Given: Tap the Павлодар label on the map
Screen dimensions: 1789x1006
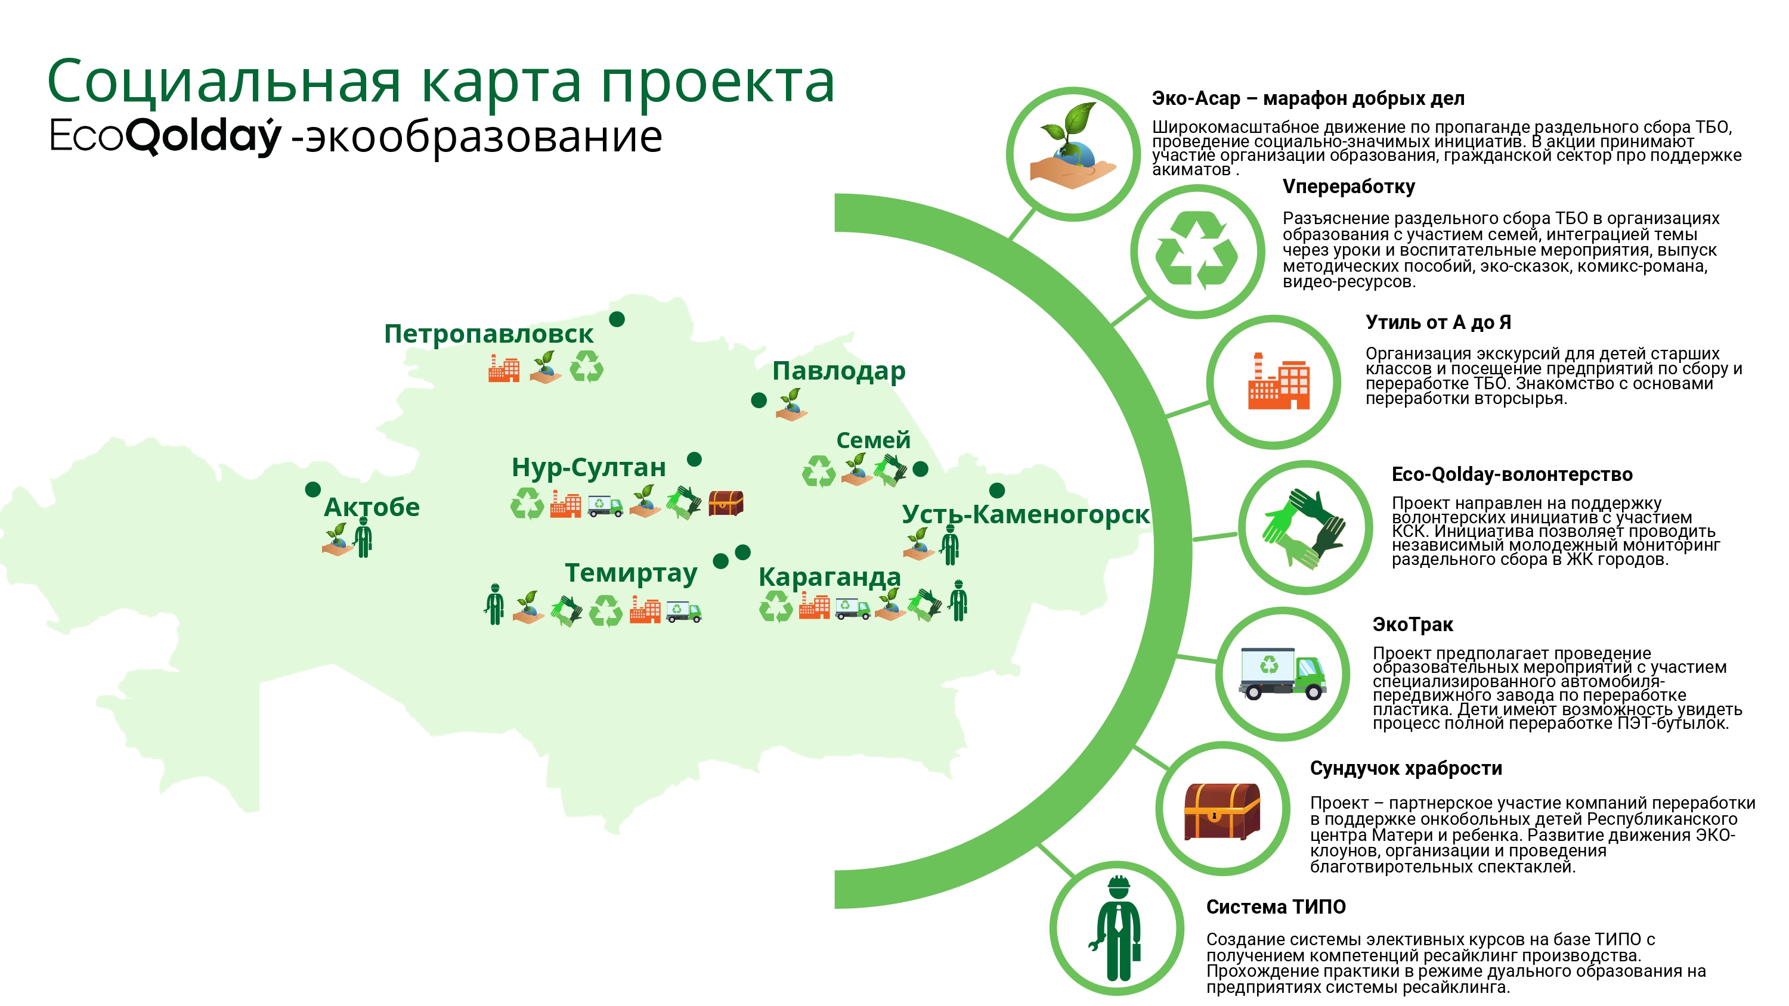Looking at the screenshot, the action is [839, 371].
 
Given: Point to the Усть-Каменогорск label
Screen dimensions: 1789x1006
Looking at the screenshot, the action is [1026, 514].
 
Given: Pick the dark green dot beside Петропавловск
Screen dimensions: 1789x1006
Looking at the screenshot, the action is [617, 319].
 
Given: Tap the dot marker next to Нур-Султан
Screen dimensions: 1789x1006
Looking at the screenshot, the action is [694, 459].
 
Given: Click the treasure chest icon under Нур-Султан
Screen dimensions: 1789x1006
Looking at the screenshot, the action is [726, 502].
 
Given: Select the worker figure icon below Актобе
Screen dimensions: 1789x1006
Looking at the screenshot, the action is [363, 538].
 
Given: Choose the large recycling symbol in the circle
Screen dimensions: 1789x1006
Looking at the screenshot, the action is [1197, 250].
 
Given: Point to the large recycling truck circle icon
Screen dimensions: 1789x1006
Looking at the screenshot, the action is [1283, 673].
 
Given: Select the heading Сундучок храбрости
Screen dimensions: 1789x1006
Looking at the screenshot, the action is [1406, 769].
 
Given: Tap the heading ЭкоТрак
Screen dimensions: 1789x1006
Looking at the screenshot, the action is [1413, 625].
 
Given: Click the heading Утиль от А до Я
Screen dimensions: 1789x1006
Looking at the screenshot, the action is [1438, 323].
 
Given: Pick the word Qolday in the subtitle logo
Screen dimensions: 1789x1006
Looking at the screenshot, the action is [203, 136].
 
